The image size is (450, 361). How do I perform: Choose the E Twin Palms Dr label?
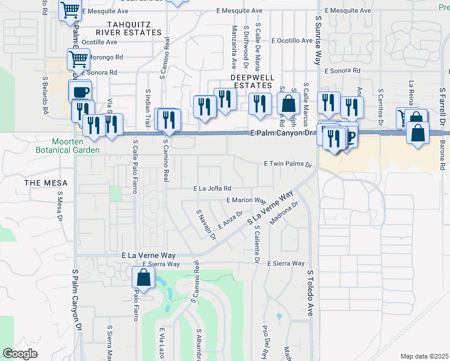(x=289, y=164)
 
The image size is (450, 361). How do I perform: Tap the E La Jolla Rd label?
(x=212, y=188)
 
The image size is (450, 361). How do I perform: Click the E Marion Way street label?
(x=246, y=200)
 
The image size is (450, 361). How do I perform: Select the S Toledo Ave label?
(x=310, y=292)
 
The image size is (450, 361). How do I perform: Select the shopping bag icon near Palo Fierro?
(x=143, y=277)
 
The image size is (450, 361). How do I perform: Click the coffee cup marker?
(x=80, y=92)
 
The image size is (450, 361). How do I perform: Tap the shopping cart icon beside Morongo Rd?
(x=78, y=59)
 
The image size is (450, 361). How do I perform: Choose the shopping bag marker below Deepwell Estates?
(x=288, y=103)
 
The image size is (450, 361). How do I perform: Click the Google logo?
(x=20, y=354)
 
